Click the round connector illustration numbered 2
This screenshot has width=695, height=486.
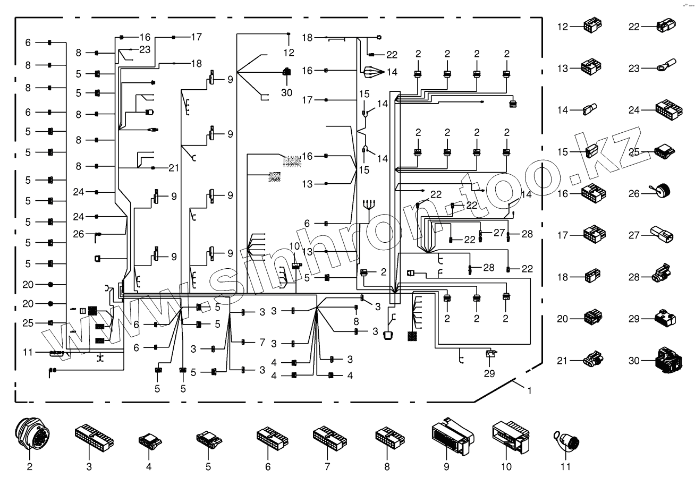[29, 436]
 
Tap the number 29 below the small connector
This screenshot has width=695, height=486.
[489, 373]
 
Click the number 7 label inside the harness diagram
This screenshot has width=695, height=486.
[261, 343]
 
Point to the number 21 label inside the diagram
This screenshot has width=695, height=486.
[173, 168]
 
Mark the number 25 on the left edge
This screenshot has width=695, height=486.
[28, 322]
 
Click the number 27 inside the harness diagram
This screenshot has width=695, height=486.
[498, 233]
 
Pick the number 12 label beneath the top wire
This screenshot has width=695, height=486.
[289, 53]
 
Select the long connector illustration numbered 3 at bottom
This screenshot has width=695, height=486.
[94, 437]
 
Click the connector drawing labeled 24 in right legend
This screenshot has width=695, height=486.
[668, 110]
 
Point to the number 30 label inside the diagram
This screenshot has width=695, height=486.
[287, 92]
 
